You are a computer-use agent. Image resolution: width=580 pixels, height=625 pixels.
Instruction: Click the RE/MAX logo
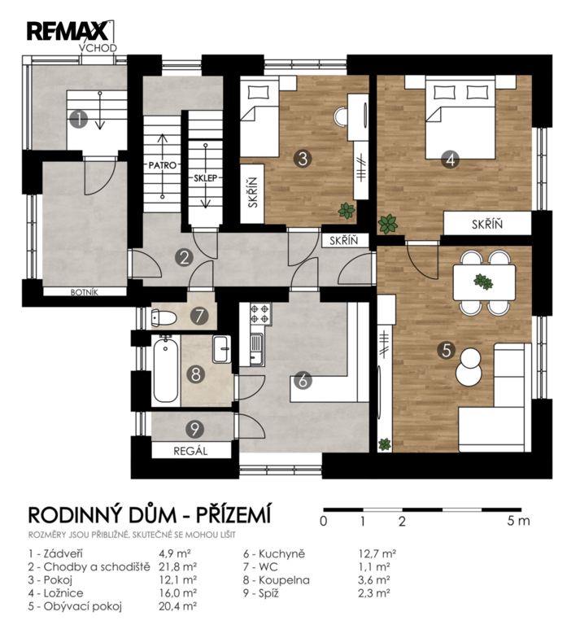[68, 31]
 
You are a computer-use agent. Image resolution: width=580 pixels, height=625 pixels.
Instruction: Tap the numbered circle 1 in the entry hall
[78, 119]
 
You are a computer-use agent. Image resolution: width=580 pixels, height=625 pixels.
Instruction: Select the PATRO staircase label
[162, 165]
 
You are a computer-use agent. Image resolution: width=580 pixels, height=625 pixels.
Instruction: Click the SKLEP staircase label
[205, 177]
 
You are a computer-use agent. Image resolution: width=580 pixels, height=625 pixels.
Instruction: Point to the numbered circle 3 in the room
[303, 158]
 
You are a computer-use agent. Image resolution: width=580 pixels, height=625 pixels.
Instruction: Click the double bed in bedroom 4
[460, 118]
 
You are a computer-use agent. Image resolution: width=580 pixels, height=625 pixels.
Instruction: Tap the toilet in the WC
[164, 318]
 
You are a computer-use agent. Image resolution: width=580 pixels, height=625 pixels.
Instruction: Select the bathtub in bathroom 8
[166, 370]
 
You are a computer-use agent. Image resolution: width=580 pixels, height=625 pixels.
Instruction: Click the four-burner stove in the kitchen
[260, 313]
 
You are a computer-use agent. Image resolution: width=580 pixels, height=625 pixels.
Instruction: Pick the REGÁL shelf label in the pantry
[191, 451]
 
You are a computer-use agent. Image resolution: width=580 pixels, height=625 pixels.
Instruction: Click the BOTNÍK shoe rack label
[84, 292]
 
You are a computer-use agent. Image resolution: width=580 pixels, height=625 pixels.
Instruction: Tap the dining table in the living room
[484, 282]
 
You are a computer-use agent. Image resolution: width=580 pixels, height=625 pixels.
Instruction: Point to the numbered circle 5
[447, 350]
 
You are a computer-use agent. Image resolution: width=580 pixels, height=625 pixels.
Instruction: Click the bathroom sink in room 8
[221, 349]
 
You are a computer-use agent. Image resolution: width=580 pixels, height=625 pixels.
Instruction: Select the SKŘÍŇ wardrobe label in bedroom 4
[487, 225]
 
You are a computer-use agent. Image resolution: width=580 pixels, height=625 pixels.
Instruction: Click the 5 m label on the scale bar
[518, 521]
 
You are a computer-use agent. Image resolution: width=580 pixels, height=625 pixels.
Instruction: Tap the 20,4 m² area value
[177, 606]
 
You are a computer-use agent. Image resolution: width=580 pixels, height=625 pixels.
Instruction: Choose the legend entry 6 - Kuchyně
[274, 553]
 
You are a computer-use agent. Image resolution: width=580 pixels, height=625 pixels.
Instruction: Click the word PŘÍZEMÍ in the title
[233, 514]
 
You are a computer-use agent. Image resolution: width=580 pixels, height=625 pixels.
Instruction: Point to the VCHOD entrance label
[98, 48]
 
